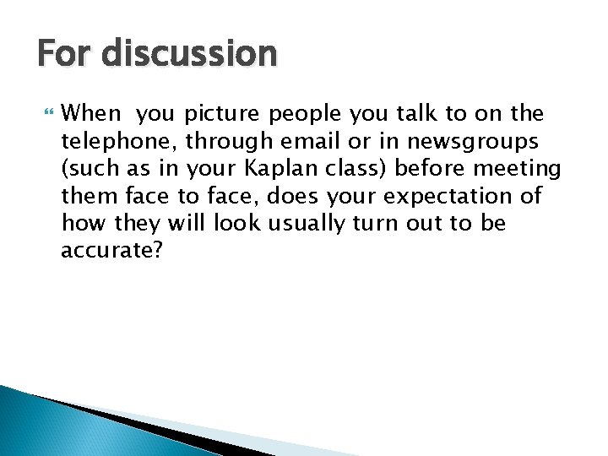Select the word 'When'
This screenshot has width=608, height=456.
[92, 113]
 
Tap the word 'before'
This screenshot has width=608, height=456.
[430, 168]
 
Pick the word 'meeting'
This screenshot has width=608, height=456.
[517, 168]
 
